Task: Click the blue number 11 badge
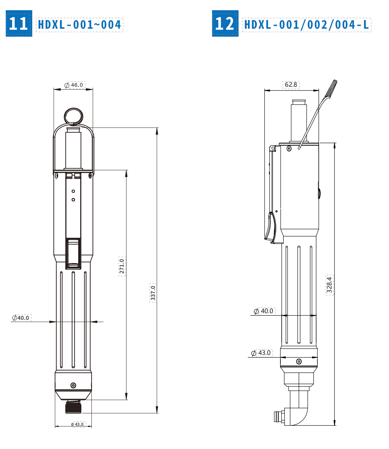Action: (19, 24)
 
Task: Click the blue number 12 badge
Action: (225, 24)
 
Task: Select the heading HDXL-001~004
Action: (80, 25)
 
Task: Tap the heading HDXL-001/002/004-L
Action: (307, 25)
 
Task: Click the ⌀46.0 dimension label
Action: (74, 85)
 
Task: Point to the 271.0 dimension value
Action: (122, 266)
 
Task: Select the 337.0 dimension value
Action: (153, 293)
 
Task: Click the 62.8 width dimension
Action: (291, 85)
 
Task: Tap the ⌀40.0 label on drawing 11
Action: (21, 318)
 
